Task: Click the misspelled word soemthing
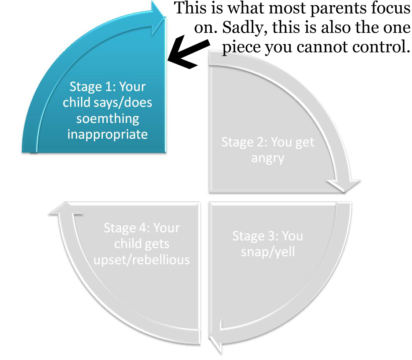108,119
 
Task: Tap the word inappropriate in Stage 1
107,135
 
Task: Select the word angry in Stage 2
268,159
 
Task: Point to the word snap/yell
268,252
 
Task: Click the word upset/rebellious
141,260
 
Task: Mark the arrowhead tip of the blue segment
166,17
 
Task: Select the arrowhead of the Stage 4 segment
66,208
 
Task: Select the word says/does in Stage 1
122,103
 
